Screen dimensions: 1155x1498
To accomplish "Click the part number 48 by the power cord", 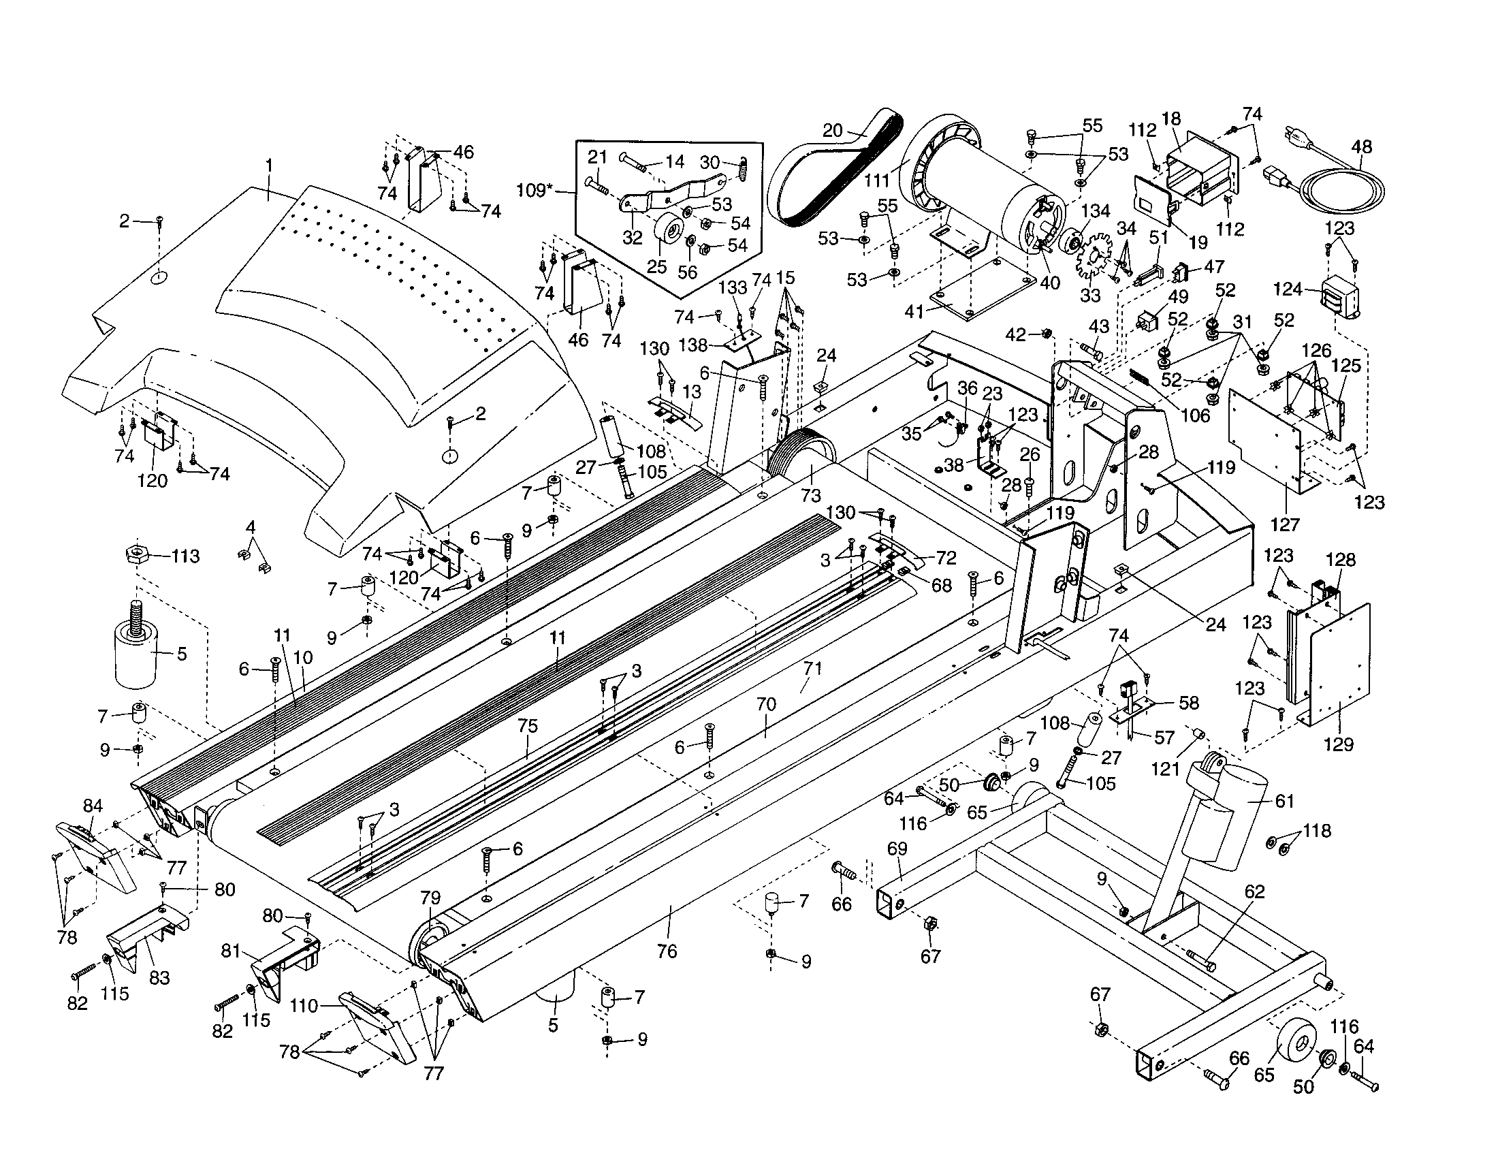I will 1362,147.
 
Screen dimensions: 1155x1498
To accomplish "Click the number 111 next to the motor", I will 876,180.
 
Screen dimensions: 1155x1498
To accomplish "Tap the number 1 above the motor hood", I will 269,165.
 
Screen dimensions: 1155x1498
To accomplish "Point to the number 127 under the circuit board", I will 1285,524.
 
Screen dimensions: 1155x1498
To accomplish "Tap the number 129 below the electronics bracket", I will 1338,744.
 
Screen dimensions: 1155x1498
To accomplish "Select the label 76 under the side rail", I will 667,951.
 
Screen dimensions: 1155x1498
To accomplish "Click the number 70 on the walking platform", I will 766,703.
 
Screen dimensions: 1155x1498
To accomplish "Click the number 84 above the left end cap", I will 93,805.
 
